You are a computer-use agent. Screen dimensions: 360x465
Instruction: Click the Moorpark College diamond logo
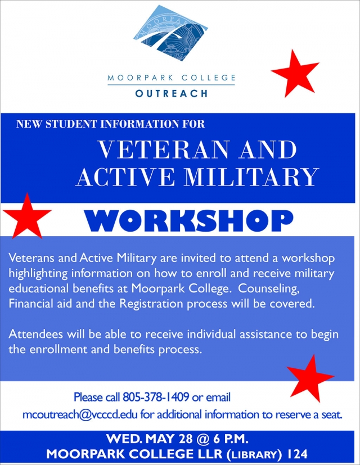pos(170,33)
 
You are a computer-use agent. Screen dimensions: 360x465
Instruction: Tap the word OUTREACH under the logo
pos(171,93)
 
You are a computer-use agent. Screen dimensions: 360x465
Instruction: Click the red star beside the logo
pos(295,74)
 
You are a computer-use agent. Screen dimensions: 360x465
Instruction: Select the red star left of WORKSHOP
pos(27,215)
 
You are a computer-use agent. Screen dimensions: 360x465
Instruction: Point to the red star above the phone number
pos(310,378)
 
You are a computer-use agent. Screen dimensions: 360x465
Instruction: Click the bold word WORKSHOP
pos(190,221)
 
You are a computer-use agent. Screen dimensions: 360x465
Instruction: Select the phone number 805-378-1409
pos(156,397)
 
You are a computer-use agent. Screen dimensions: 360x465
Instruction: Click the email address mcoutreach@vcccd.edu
pos(80,414)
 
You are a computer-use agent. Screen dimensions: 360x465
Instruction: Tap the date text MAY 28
pos(169,439)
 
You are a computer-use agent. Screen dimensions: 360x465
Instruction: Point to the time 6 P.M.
pos(230,439)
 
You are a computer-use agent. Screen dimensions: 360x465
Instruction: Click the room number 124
pos(298,454)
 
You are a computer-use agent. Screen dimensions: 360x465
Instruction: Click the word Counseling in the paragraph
pos(268,288)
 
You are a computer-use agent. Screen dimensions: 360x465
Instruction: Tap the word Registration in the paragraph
pos(151,304)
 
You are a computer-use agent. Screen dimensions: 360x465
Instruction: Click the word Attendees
pos(35,334)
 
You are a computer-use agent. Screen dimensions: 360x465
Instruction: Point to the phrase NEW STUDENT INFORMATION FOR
pos(110,124)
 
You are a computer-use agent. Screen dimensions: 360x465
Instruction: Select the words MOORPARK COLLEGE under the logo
pos(171,78)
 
